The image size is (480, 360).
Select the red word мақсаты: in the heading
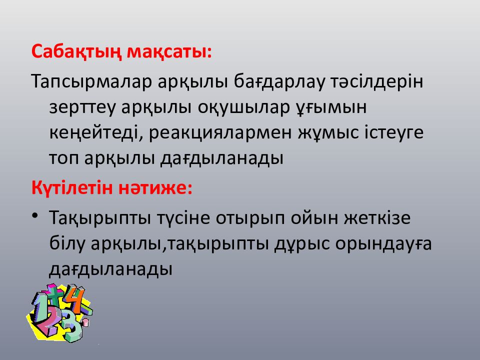coord(169,52)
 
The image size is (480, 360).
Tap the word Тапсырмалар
coord(91,81)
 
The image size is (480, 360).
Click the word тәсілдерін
coord(376,81)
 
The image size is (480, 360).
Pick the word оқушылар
coord(243,108)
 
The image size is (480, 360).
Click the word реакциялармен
coord(220,133)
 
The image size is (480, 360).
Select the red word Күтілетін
coord(72,187)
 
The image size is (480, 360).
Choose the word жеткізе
coord(377,218)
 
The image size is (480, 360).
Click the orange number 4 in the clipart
coord(75,298)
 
